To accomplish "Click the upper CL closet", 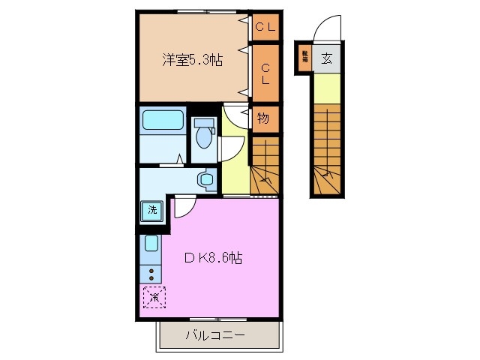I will click(x=265, y=28).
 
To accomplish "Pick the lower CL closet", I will click(x=265, y=73).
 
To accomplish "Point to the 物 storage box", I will click(x=265, y=118).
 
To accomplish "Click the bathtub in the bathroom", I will click(x=163, y=121).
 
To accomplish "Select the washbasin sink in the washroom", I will click(x=205, y=178).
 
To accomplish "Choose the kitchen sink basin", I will click(x=151, y=244).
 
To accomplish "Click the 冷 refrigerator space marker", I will click(x=153, y=298).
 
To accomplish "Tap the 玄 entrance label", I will click(x=327, y=58).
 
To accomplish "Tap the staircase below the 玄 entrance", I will click(x=327, y=150).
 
